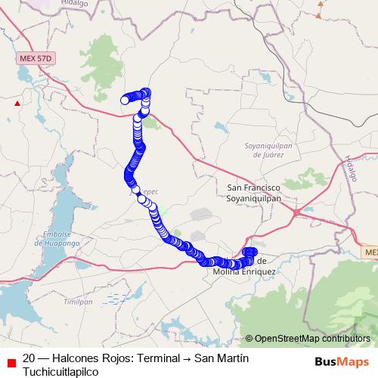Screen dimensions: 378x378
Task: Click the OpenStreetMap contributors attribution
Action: point(311,339)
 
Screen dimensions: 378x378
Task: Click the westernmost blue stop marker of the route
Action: point(125,100)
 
